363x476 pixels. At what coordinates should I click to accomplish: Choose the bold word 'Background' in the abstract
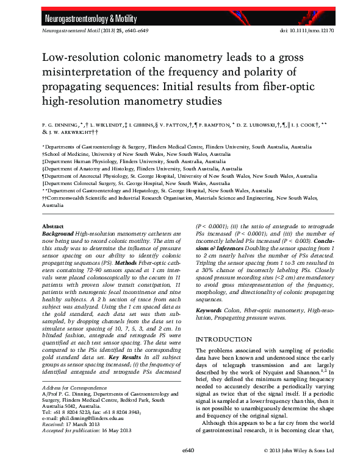coord(58,233)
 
